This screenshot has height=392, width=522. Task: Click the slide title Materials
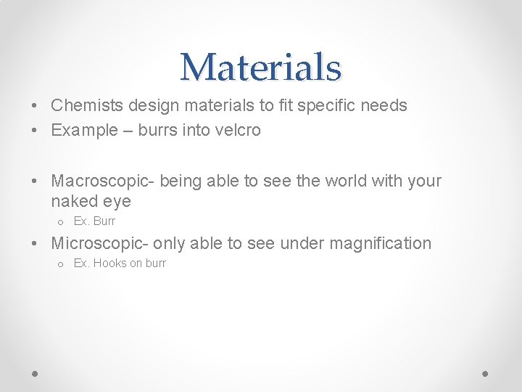[x=260, y=68]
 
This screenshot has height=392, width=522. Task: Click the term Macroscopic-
[x=103, y=181]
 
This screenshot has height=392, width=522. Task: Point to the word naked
[x=75, y=201]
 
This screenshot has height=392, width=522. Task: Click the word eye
[x=117, y=201]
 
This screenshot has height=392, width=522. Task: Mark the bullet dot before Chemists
[x=35, y=106]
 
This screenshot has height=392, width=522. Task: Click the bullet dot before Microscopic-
[x=35, y=244]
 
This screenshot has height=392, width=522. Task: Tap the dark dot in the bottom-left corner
[x=36, y=373]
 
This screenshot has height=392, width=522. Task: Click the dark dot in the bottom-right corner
[x=486, y=373]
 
